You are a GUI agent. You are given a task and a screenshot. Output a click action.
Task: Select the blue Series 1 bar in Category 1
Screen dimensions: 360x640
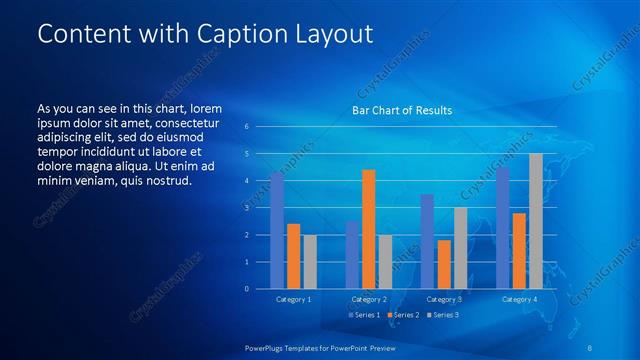277,231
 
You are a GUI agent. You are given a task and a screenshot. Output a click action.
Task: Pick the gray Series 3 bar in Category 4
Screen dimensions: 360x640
536,221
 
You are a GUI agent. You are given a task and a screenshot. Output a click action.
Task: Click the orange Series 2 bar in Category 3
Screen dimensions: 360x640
444,264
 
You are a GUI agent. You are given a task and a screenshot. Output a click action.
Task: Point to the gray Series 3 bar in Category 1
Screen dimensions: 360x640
310,262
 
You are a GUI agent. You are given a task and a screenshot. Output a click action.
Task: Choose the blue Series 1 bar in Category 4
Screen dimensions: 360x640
503,228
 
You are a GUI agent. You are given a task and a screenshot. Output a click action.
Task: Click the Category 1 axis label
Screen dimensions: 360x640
294,299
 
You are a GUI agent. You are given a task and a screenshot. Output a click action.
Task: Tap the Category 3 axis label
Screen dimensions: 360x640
444,299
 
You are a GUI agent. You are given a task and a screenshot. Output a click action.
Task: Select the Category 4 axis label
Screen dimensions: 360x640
519,299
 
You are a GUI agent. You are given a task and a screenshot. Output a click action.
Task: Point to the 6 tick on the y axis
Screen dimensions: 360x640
247,126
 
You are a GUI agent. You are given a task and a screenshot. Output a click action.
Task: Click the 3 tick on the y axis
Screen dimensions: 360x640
247,207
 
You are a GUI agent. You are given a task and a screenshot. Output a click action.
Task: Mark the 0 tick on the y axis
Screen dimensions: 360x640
247,288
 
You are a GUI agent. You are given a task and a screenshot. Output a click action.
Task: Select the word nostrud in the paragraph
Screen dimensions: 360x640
166,181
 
